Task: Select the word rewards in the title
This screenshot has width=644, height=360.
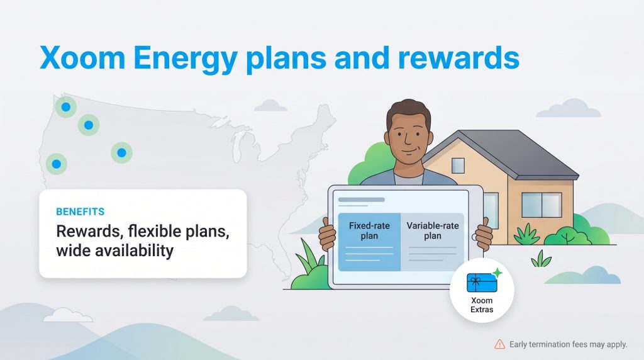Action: pyautogui.click(x=458, y=57)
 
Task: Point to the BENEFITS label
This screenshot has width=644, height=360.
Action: pyautogui.click(x=80, y=211)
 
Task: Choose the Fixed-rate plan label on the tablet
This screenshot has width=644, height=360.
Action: pyautogui.click(x=369, y=230)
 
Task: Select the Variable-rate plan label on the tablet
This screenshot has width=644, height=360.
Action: pyautogui.click(x=432, y=230)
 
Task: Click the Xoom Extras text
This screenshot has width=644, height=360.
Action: pyautogui.click(x=482, y=305)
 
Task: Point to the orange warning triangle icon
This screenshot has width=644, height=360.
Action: pyautogui.click(x=499, y=344)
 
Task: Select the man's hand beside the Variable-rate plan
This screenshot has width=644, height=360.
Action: pyautogui.click(x=484, y=235)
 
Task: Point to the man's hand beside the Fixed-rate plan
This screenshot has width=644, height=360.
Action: pyautogui.click(x=327, y=235)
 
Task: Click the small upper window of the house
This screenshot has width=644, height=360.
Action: pyautogui.click(x=458, y=165)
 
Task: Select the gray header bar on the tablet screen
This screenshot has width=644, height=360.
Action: pyautogui.click(x=362, y=200)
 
